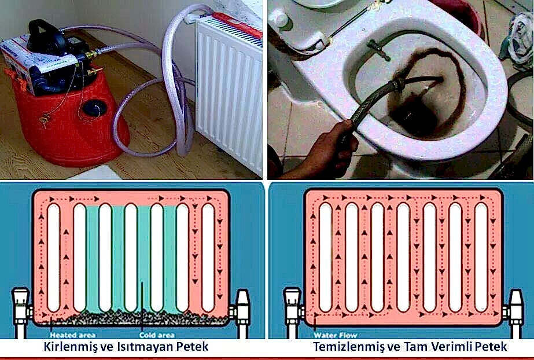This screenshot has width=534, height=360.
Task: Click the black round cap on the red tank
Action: tap(95, 108)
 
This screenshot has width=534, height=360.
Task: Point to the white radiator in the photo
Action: tap(229, 92)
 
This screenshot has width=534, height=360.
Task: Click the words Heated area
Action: tap(72, 335)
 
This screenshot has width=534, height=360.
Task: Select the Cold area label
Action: tap(157, 335)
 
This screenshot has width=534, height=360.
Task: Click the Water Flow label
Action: tap(335, 335)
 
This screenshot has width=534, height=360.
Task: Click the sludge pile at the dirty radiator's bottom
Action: tap(136, 317)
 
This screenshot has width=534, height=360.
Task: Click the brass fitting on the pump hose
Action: tap(91, 54)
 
